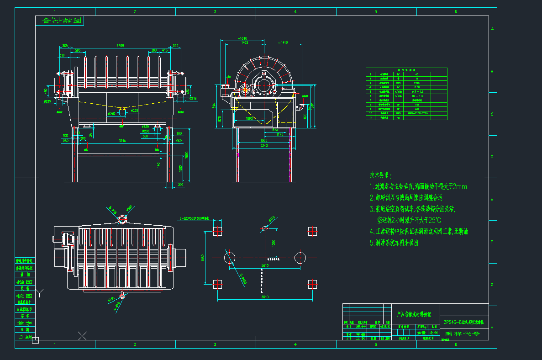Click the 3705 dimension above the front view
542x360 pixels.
[121, 46]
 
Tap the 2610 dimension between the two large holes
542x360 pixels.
[264, 265]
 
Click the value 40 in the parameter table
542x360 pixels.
[416, 74]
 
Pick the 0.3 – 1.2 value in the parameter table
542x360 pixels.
[416, 91]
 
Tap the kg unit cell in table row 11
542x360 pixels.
[399, 117]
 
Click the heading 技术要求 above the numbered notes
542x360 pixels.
[380, 175]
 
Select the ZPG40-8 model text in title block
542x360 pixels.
[466, 322]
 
